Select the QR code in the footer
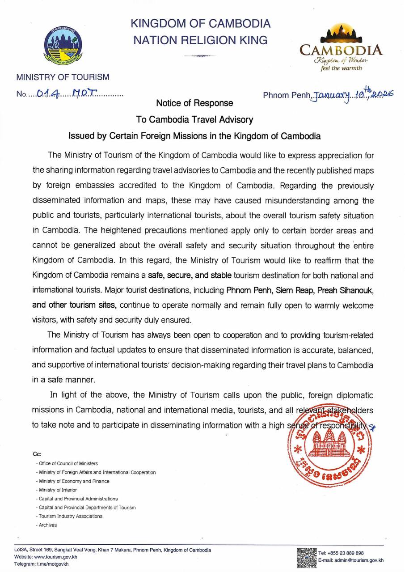(307, 557)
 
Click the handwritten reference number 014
(46, 94)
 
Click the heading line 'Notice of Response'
(194, 103)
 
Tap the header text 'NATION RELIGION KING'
(201, 40)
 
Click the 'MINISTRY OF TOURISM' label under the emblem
(63, 77)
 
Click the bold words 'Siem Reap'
(292, 291)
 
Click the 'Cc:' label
(37, 453)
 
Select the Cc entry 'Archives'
(48, 525)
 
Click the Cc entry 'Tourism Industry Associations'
(71, 516)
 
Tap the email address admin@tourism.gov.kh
(357, 560)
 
